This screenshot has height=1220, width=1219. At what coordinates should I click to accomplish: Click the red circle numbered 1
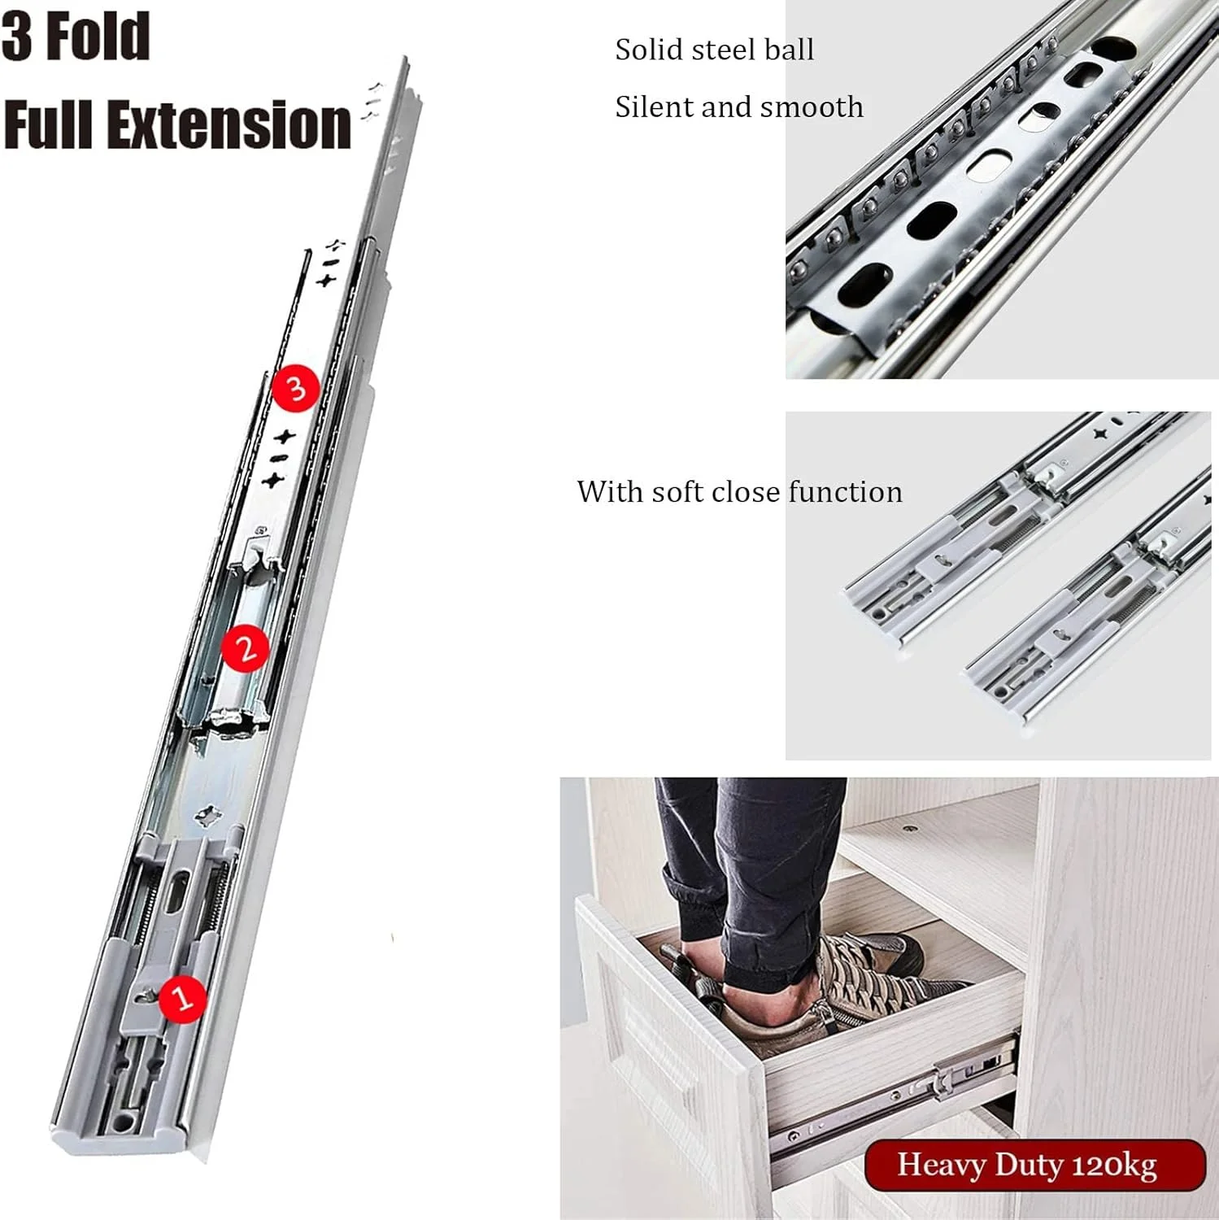click(183, 996)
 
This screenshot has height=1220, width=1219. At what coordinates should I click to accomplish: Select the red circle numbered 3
click(296, 389)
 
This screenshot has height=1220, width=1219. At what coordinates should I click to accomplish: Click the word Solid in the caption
click(649, 50)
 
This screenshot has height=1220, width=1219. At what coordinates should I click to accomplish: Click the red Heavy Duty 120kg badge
click(1034, 1165)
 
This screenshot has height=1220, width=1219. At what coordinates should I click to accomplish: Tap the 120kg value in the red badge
click(1114, 1166)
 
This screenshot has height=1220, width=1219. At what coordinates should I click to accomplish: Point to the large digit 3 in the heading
click(18, 37)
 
